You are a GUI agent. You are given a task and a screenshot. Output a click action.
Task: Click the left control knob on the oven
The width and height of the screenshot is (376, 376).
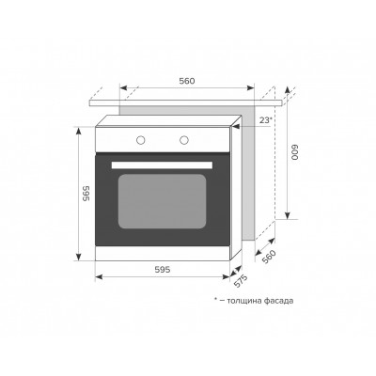point(141,140)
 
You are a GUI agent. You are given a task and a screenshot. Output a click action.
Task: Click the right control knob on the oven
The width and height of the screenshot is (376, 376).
point(184,140)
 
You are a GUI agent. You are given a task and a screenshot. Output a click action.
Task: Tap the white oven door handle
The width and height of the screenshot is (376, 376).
point(162,165)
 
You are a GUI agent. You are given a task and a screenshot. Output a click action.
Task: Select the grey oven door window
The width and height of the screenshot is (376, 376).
point(162,201)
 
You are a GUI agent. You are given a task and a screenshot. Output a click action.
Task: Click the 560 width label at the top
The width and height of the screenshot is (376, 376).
point(187,81)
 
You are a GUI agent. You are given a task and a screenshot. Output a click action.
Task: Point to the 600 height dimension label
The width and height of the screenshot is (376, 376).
point(295,152)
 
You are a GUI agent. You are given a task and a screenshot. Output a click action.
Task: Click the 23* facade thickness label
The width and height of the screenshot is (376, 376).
point(265,120)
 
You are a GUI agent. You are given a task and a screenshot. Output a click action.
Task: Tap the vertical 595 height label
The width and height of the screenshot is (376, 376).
point(86,194)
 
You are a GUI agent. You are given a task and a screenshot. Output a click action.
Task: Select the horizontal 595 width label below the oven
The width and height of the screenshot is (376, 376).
point(163,270)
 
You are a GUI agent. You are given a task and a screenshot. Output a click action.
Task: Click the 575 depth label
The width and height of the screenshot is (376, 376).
point(241,281)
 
